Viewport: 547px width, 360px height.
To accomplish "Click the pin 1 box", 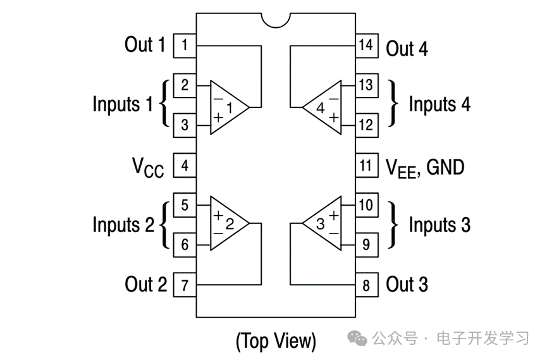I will pyautogui.click(x=184, y=46).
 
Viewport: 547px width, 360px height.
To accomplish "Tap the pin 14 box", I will pyautogui.click(x=366, y=46).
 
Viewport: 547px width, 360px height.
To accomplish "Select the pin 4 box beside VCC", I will pyautogui.click(x=184, y=166).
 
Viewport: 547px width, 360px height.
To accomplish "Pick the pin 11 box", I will pyautogui.click(x=366, y=166).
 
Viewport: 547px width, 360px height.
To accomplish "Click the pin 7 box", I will pyautogui.click(x=184, y=285).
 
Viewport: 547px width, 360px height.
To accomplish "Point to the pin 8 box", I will pyautogui.click(x=366, y=285).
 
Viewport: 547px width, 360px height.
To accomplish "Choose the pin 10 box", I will pyautogui.click(x=366, y=205).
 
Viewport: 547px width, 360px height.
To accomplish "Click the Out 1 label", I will pyautogui.click(x=145, y=45).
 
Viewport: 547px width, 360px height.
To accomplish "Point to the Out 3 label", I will pyautogui.click(x=407, y=285).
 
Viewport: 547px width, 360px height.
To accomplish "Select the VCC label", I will pyautogui.click(x=147, y=168).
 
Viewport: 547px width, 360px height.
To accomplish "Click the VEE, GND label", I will pyautogui.click(x=425, y=168).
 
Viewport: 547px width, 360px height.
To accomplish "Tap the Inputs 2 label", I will pyautogui.click(x=123, y=225).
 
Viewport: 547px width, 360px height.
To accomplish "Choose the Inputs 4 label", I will pyautogui.click(x=439, y=104).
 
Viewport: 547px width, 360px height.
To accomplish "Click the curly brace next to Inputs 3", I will pyautogui.click(x=395, y=225).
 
